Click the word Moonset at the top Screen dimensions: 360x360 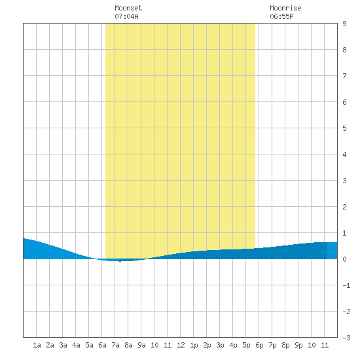pyautogui.click(x=128, y=8)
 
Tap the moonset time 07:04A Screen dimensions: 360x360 pyautogui.click(x=126, y=16)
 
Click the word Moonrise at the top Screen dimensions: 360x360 pyautogui.click(x=285, y=8)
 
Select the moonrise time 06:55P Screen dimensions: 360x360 pyautogui.click(x=281, y=16)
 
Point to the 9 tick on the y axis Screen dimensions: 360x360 pyautogui.click(x=344, y=24)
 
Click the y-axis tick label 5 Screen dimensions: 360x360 pyautogui.click(x=344, y=128)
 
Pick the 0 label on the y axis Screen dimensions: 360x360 pyautogui.click(x=344, y=259)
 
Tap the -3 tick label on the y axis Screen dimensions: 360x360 pyautogui.click(x=346, y=338)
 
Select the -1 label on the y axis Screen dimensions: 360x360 pyautogui.click(x=346, y=285)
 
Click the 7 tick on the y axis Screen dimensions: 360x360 pyautogui.click(x=344, y=76)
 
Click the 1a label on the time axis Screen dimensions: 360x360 pyautogui.click(x=37, y=345)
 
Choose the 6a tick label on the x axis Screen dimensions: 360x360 pyautogui.click(x=102, y=345)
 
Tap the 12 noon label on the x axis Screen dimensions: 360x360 pyautogui.click(x=181, y=345)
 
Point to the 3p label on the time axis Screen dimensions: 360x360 pyautogui.click(x=220, y=345)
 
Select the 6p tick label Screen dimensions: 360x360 pyautogui.click(x=259, y=345)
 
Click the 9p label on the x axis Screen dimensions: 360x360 pyautogui.click(x=298, y=345)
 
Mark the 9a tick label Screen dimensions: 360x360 pyautogui.click(x=141, y=345)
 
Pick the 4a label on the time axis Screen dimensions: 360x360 pyautogui.click(x=76, y=345)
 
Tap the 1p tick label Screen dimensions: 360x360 pyautogui.click(x=194, y=345)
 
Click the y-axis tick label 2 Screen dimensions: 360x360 pyautogui.click(x=344, y=207)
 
